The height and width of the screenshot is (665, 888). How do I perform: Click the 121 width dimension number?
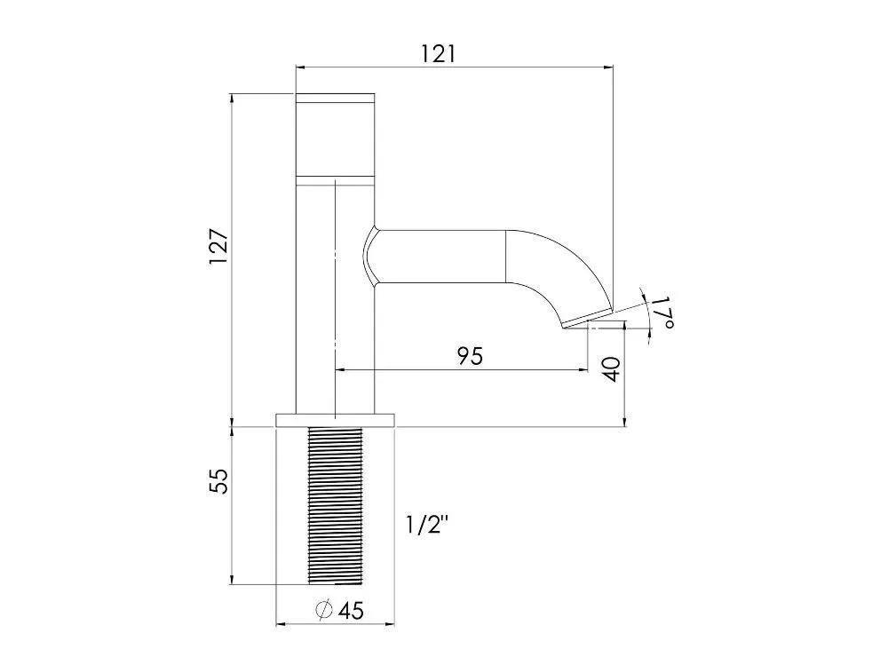[438, 54]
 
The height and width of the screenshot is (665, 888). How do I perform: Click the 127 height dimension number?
[218, 246]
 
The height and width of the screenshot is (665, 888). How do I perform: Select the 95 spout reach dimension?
[470, 356]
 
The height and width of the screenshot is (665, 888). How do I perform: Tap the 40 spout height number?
[612, 369]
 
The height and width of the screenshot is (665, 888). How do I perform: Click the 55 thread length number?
[219, 481]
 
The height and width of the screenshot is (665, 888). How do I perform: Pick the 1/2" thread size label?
[428, 526]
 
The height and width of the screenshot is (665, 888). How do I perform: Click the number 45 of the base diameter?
[351, 611]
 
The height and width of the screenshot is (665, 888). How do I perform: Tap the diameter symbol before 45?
[324, 610]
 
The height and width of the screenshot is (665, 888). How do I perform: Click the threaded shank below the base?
[335, 505]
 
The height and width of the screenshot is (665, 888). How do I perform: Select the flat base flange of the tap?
[335, 420]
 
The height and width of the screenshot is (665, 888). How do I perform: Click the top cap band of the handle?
[336, 97]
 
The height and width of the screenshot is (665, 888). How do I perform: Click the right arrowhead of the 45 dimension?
[389, 624]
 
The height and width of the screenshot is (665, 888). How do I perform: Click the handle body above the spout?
[336, 139]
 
